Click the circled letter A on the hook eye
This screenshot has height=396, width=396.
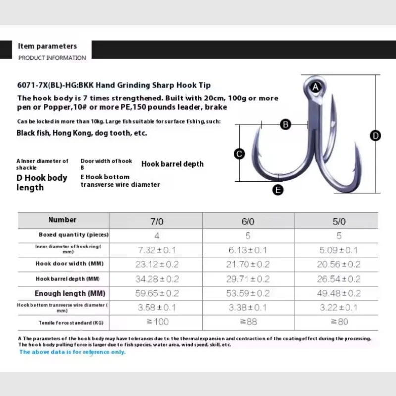point(315,87)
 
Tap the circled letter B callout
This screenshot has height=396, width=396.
point(286,125)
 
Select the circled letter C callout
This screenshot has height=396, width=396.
point(239,154)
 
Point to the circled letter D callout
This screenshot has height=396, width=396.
point(375,136)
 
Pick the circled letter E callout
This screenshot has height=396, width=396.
point(278,190)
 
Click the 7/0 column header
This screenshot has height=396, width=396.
point(157,221)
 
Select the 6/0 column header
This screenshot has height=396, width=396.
point(248,221)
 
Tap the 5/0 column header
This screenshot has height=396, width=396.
point(339,221)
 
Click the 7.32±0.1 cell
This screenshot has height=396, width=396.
point(156,250)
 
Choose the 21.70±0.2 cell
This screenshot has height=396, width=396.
point(248,264)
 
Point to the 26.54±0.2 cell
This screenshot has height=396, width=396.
point(339,279)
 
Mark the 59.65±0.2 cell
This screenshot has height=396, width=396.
point(157,293)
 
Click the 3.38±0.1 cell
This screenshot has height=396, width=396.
point(247,307)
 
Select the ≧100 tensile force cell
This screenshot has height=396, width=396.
point(157,322)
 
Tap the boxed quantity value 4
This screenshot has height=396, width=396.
point(157,236)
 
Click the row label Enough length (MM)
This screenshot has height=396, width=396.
point(70,293)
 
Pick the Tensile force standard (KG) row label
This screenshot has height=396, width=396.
point(71,323)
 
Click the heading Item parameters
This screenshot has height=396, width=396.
point(47,46)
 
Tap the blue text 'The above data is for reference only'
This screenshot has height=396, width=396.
point(72,352)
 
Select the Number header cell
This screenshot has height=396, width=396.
point(62,220)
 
